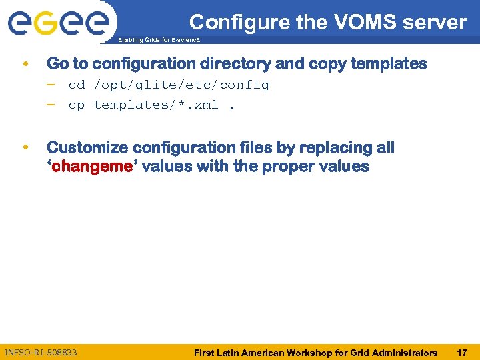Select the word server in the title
[x=437, y=22]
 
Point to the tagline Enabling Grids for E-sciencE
[x=159, y=41]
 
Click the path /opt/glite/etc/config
[x=181, y=85]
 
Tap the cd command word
[x=77, y=85]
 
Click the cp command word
[x=77, y=105]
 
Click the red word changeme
[x=92, y=167]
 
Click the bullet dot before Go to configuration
[x=25, y=65]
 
